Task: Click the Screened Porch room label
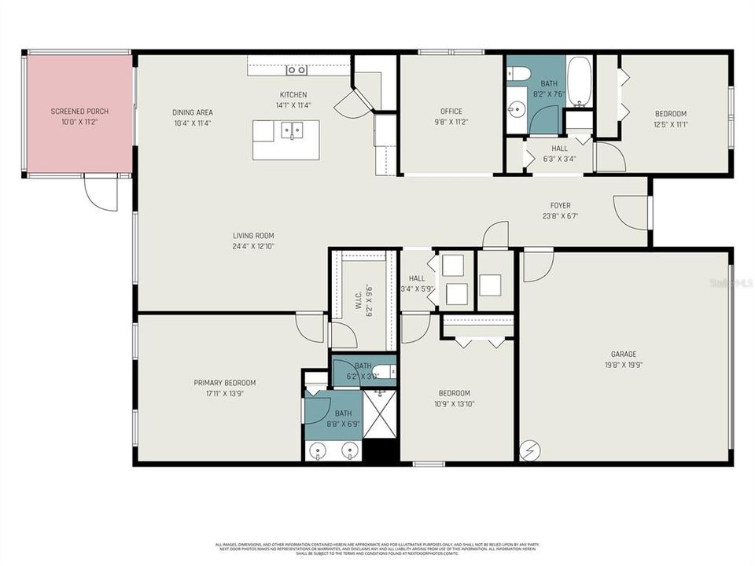(x=79, y=112)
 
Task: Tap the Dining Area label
(x=193, y=112)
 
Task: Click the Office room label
(x=451, y=112)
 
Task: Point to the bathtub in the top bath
(x=579, y=83)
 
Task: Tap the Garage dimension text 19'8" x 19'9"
(x=624, y=365)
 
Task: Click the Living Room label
(x=253, y=236)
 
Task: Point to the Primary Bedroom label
(x=225, y=383)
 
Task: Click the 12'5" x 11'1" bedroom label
(x=670, y=113)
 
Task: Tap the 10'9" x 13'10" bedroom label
(x=455, y=393)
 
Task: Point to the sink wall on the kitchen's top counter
(x=296, y=70)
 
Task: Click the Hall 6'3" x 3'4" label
(x=559, y=148)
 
